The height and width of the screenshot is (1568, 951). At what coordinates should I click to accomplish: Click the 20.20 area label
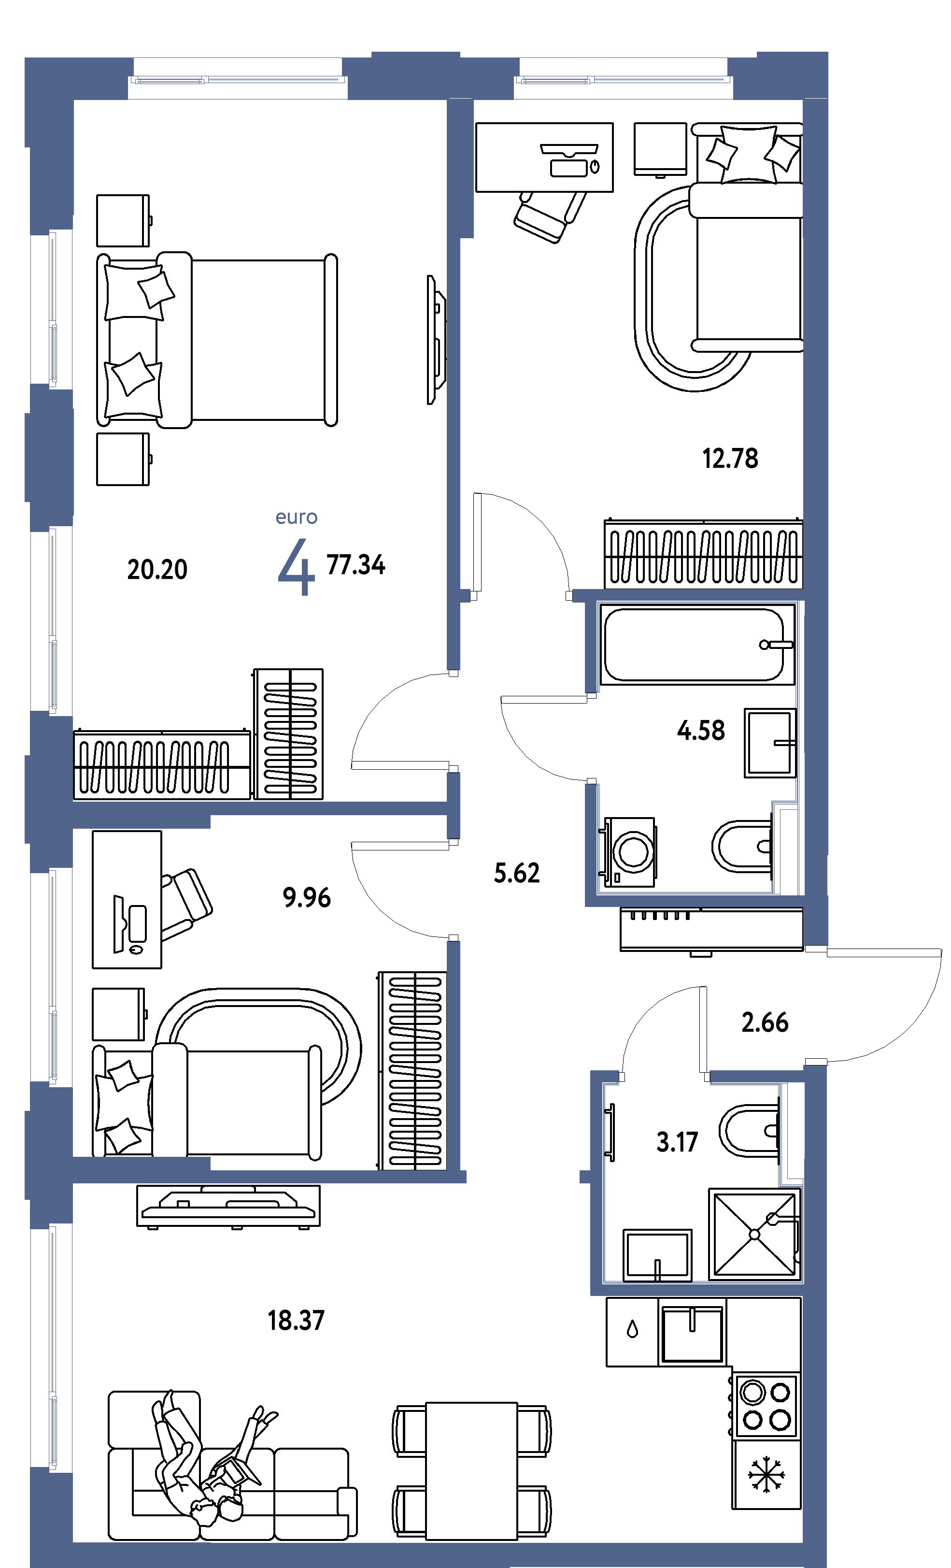coord(157,569)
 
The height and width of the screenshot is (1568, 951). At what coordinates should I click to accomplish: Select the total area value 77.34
coord(355,564)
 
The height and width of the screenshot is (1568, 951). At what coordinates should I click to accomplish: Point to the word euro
coord(297,518)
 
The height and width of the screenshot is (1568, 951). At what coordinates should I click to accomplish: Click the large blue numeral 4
coord(297,566)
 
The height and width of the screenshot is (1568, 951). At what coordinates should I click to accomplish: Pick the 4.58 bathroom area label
coord(700,730)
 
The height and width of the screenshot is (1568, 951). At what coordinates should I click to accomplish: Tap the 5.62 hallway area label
coord(516,873)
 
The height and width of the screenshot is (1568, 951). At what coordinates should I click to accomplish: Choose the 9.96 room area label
coord(307,897)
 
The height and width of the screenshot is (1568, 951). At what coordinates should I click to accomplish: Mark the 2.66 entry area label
coord(765,1022)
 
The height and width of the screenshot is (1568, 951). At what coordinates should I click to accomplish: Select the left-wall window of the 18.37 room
coord(52,1346)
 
